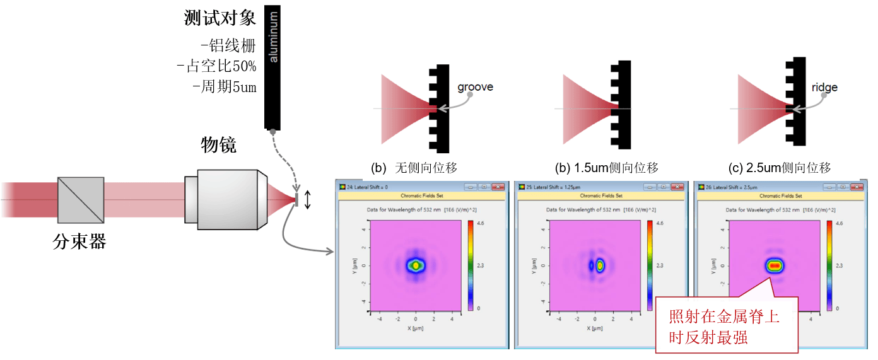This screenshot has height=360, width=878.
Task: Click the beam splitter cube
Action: (81, 200)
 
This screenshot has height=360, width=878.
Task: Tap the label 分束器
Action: (79, 241)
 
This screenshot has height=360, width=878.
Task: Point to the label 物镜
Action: (218, 146)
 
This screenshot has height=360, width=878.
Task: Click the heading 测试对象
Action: (220, 18)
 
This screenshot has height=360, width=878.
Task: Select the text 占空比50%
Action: (218, 66)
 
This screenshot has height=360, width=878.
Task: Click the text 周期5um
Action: (225, 87)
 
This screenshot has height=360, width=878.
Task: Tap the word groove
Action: (475, 87)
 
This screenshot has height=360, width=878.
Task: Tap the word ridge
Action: (824, 88)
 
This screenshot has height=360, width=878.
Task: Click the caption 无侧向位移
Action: (426, 168)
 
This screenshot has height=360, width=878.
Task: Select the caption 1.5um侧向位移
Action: (615, 168)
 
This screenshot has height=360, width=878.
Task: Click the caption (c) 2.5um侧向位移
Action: (780, 168)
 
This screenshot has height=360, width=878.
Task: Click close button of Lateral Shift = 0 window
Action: (499, 187)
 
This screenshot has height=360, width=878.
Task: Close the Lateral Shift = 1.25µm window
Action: (678, 187)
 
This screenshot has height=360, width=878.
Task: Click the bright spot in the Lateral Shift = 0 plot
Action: (416, 265)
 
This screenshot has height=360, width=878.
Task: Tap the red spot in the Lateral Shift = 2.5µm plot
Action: (775, 265)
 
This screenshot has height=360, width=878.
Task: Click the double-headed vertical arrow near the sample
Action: (307, 200)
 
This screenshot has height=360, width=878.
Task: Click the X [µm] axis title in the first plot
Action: (415, 328)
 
